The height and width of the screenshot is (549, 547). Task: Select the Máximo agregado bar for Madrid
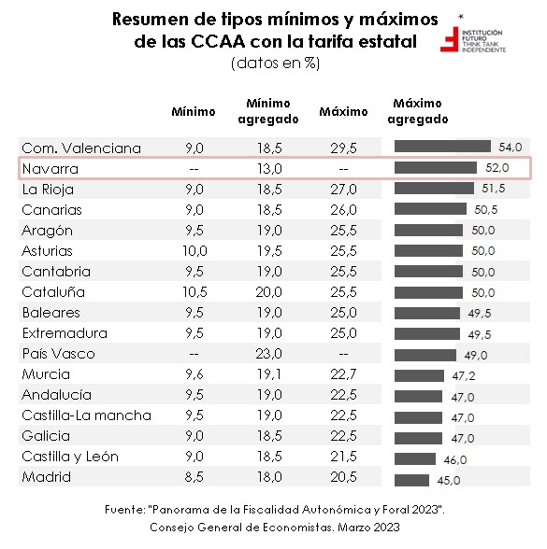[411, 479]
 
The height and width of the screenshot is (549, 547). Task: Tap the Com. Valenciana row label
[81, 148]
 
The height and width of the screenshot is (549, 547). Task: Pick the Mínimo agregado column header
[268, 111]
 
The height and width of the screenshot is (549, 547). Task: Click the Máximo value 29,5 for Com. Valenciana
[343, 148]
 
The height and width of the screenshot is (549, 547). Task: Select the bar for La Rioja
[434, 189]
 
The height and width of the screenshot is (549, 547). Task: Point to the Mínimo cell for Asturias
[194, 251]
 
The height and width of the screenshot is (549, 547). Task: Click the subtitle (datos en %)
[273, 63]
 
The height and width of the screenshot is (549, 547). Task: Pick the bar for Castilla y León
[415, 458]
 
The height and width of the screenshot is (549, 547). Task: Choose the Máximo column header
[343, 112]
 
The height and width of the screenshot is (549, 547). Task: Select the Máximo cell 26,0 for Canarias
[343, 209]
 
